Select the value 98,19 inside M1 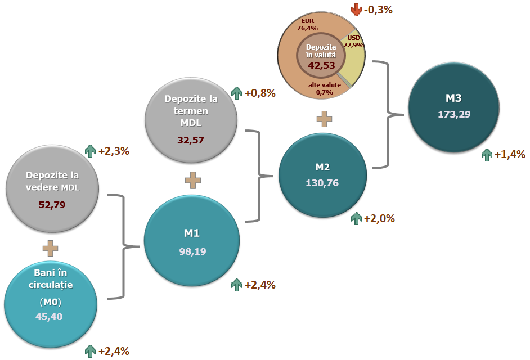point(192,251)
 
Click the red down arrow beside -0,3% point(356,10)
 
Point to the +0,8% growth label point(260,93)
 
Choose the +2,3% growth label point(114,151)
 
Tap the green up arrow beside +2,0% point(356,219)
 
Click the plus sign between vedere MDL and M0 point(50,247)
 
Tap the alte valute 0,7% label point(321,88)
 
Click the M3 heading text point(453,98)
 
